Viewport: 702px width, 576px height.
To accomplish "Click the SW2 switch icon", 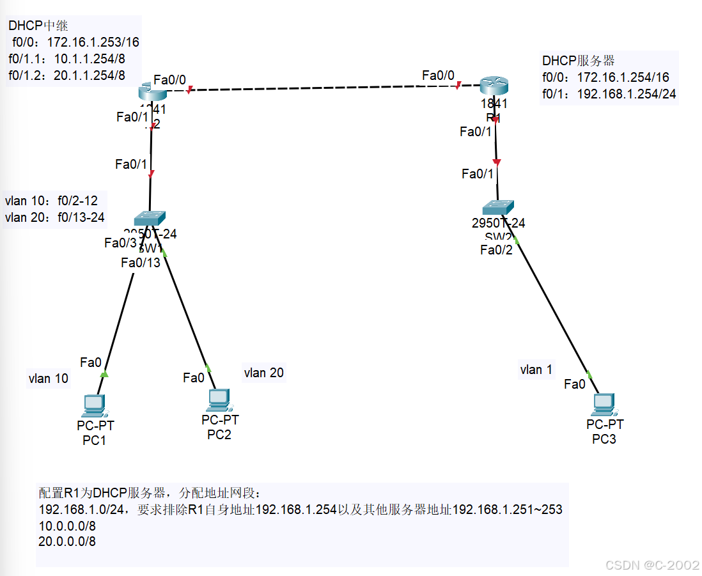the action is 497,207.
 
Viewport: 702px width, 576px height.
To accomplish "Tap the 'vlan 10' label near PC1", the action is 48,379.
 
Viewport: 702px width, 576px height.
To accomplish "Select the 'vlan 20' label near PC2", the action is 263,373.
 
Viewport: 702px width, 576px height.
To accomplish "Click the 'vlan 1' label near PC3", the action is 536,370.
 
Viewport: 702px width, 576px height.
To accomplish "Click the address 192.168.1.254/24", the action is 627,94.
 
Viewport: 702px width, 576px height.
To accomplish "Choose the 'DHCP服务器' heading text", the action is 578,61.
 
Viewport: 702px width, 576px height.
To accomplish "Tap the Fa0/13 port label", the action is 141,263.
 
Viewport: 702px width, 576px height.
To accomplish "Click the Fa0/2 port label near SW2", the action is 496,250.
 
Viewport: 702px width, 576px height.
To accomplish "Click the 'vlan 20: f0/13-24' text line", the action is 54,217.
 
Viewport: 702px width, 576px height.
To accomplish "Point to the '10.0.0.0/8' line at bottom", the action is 67,525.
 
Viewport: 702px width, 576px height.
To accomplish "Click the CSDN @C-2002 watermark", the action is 652,565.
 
